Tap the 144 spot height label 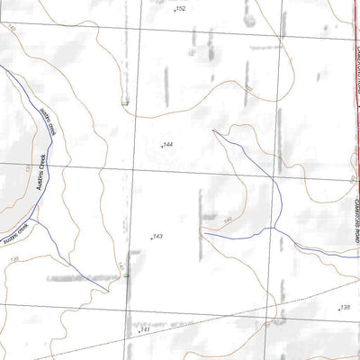[167, 144]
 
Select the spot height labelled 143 [157, 237]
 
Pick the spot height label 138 [345, 307]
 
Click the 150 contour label [247, 88]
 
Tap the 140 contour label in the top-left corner [11, 29]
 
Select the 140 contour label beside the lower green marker [121, 266]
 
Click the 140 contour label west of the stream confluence [229, 220]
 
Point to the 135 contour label [28, 167]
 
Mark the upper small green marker [124, 103]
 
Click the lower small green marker [128, 274]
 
